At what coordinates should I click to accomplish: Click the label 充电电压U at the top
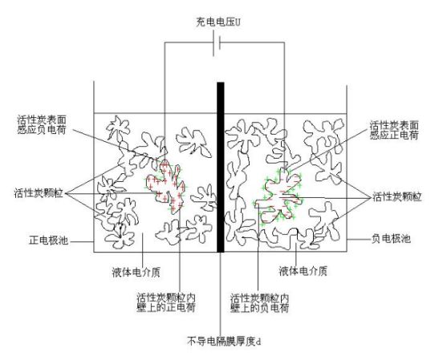pos(218,22)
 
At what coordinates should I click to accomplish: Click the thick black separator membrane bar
pos(221,167)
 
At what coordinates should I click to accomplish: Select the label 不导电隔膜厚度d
pos(223,341)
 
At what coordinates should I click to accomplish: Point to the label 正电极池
pos(49,240)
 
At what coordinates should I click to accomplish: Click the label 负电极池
pos(391,239)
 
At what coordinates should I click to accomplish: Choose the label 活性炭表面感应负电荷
pos(42,124)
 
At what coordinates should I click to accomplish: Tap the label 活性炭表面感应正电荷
pos(394,130)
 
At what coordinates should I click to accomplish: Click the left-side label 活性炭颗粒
pos(39,193)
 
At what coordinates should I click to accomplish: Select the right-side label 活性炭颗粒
pos(397,196)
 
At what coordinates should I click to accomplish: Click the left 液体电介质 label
pos(136,272)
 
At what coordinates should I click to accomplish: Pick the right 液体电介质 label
pos(303,271)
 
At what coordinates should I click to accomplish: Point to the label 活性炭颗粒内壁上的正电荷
pos(166,302)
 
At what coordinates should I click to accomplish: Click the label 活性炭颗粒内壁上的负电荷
pos(260,302)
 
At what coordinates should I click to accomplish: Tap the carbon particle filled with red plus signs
pos(167,185)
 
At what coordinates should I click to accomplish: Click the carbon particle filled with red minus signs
pos(280,198)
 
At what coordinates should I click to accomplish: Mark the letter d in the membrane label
pos(258,342)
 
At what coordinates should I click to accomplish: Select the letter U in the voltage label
pos(238,22)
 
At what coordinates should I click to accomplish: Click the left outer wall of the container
pos(94,167)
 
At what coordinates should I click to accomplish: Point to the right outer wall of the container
pos(347,168)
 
